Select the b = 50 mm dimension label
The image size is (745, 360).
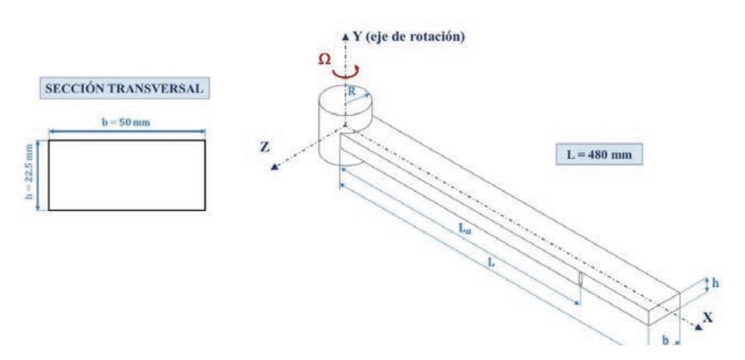click(x=126, y=127)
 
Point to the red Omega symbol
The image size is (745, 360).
click(x=323, y=60)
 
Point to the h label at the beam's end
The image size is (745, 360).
click(x=716, y=283)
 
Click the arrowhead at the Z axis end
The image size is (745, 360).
click(x=274, y=167)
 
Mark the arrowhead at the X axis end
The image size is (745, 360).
click(x=698, y=327)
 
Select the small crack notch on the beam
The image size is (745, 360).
click(x=580, y=280)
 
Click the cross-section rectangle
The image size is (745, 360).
click(x=126, y=175)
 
